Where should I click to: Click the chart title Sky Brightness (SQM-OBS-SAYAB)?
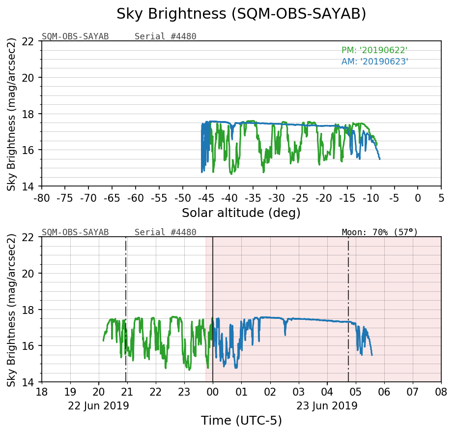tap(241, 14)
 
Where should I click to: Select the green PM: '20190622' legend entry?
tap(374, 50)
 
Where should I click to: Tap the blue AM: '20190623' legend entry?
tap(374, 62)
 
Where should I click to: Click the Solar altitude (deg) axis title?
tap(241, 213)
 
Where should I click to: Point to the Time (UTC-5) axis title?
tap(241, 421)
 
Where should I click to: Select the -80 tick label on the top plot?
tap(42, 198)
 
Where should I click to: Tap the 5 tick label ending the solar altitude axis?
tap(441, 198)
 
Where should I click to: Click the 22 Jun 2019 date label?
tap(98, 406)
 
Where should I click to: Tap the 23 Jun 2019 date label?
tap(327, 406)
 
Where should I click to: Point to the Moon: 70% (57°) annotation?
tap(379, 232)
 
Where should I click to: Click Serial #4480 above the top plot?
tap(165, 36)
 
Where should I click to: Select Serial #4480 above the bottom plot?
tap(165, 232)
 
